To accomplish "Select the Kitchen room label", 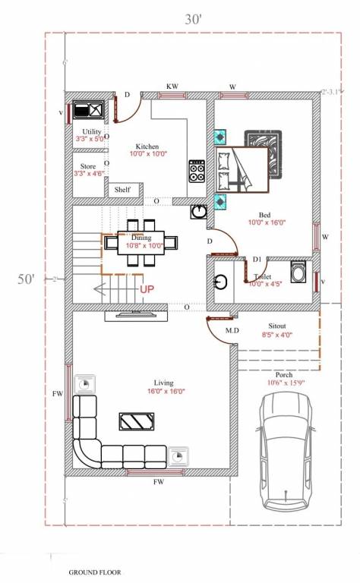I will tap(147, 147).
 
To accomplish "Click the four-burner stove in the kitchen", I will tap(197, 171).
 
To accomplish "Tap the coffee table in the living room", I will tap(138, 422).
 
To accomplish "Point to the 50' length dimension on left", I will tap(27, 279).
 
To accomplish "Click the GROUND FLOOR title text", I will tap(94, 572).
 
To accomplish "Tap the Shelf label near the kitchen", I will tap(122, 190).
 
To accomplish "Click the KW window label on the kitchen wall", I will tap(172, 87).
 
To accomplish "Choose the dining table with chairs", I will tap(142, 243).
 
